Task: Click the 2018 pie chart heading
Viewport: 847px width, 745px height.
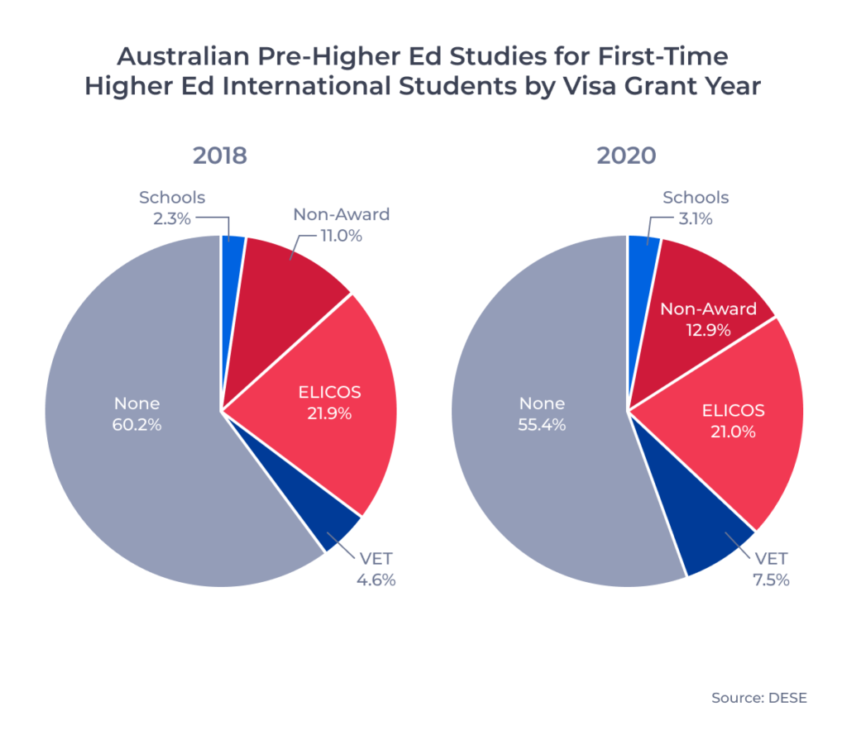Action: click(220, 155)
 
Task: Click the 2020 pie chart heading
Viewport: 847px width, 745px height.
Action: click(627, 155)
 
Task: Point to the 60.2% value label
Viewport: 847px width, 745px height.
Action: click(137, 426)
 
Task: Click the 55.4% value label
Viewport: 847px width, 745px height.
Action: click(542, 426)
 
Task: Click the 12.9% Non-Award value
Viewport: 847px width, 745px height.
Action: click(707, 331)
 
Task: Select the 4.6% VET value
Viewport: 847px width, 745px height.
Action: click(376, 580)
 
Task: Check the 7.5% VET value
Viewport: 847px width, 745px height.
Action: click(769, 580)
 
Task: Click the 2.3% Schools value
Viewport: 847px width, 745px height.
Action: click(172, 218)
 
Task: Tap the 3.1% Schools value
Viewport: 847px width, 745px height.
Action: click(696, 218)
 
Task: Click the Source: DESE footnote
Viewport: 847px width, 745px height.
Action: click(758, 698)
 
